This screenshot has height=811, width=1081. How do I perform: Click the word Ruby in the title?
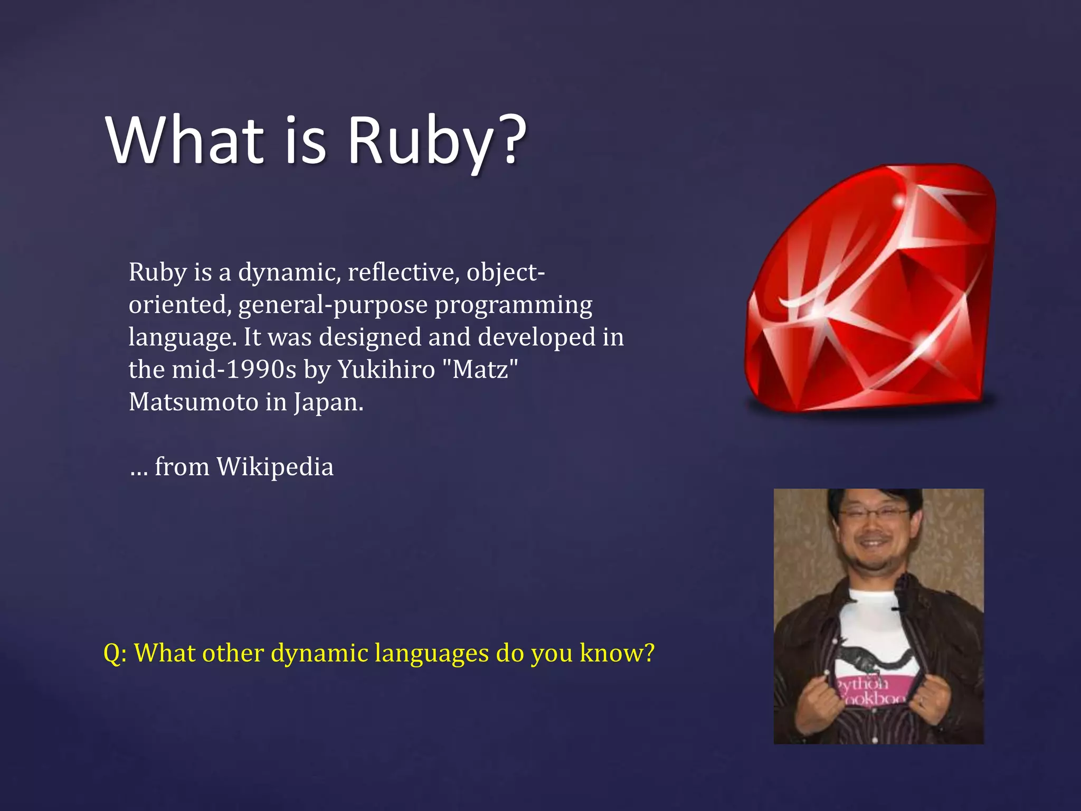tap(419, 142)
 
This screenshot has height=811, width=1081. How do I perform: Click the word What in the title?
tap(185, 140)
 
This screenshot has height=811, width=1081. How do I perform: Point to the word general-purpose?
tap(333, 305)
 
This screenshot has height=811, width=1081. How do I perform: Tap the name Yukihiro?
tap(386, 370)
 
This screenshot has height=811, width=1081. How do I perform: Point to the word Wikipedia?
tap(275, 467)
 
